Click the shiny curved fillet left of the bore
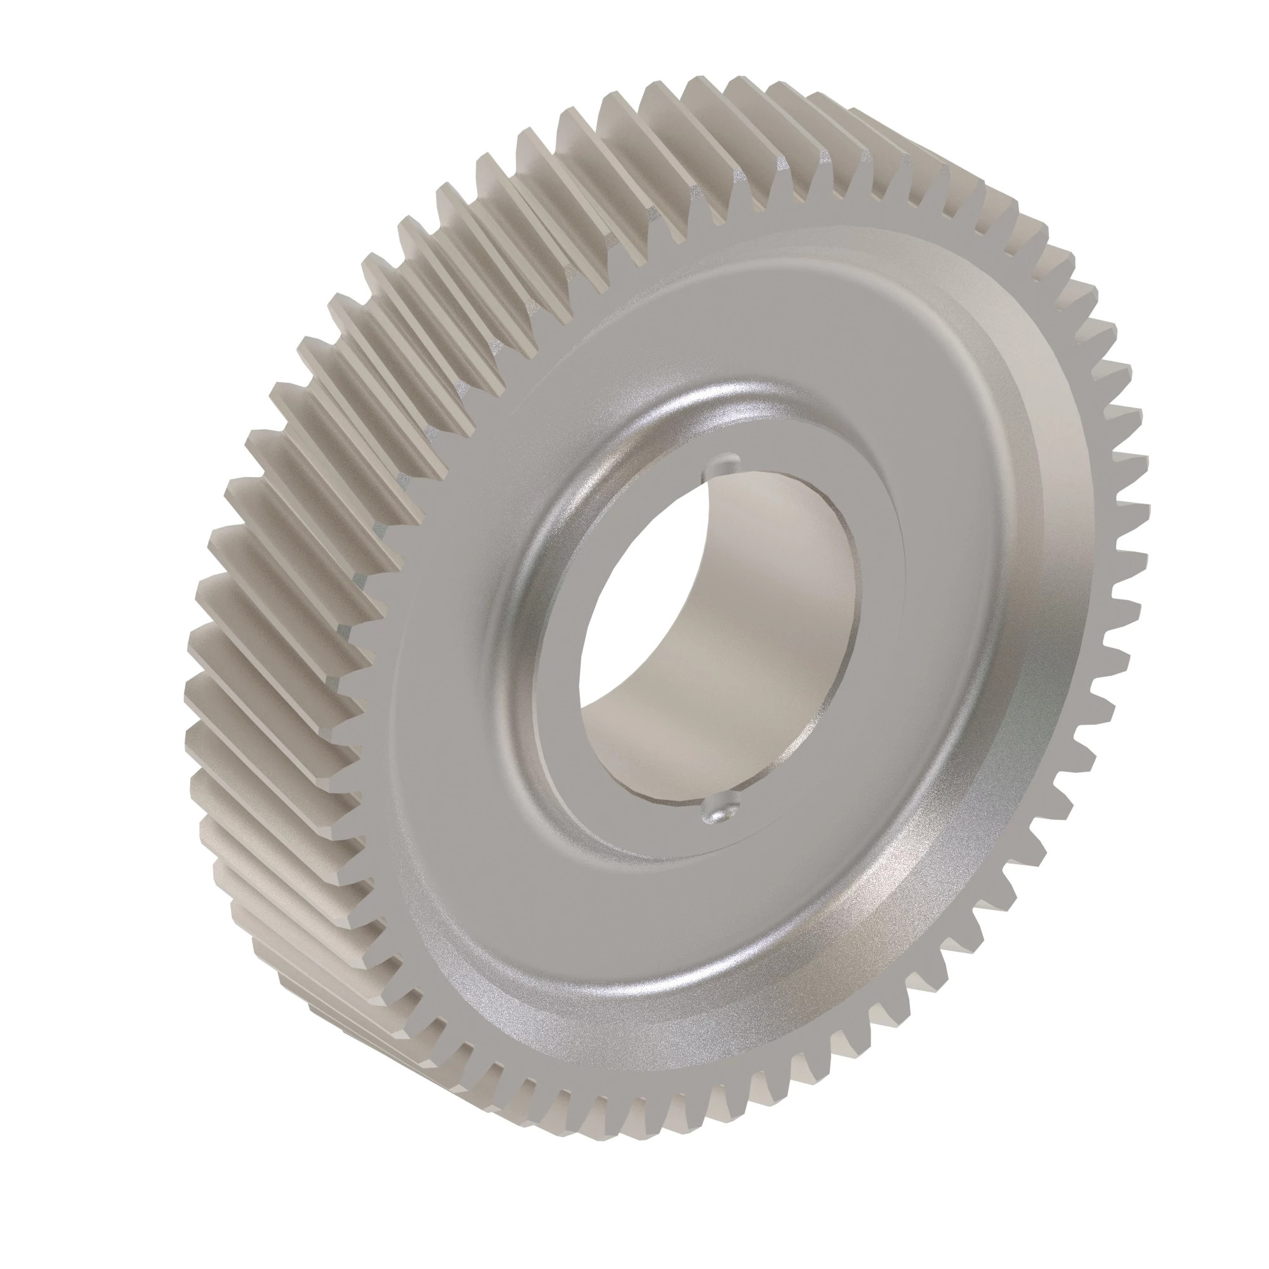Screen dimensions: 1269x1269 [x=525, y=591]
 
